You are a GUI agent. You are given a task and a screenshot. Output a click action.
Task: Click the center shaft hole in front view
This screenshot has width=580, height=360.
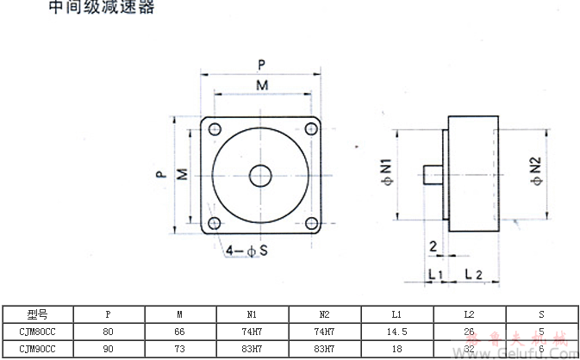click(x=259, y=175)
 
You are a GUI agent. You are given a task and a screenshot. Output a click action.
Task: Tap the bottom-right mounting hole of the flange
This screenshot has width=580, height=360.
click(x=309, y=224)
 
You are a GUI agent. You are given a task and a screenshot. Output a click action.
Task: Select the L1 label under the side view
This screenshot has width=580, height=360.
click(x=435, y=274)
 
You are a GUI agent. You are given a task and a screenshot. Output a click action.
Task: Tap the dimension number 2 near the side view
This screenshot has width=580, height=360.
click(x=432, y=246)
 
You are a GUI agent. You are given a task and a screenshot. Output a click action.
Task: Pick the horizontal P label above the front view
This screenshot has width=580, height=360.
click(x=261, y=64)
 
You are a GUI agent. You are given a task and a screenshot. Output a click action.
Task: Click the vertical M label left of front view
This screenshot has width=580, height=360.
click(x=183, y=175)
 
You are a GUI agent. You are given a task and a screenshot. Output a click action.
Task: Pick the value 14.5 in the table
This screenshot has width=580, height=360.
click(x=398, y=332)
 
